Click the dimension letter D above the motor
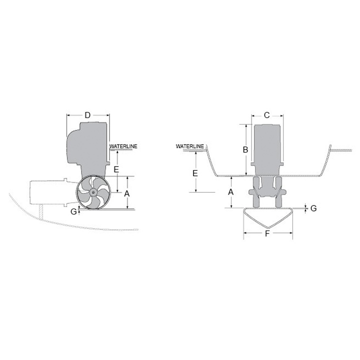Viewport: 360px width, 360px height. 87,115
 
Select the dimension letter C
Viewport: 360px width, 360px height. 266,115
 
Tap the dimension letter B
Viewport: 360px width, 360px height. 245,149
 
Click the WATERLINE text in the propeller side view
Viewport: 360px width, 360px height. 123,146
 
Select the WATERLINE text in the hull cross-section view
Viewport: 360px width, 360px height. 189,146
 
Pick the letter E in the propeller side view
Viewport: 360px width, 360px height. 116,169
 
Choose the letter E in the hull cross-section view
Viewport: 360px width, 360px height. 195,173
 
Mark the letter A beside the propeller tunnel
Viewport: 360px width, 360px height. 127,193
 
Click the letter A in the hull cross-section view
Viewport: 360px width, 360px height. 231,191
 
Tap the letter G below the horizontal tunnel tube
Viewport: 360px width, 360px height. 73,211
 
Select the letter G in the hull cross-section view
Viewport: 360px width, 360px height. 313,208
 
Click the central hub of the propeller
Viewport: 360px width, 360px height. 92,192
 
